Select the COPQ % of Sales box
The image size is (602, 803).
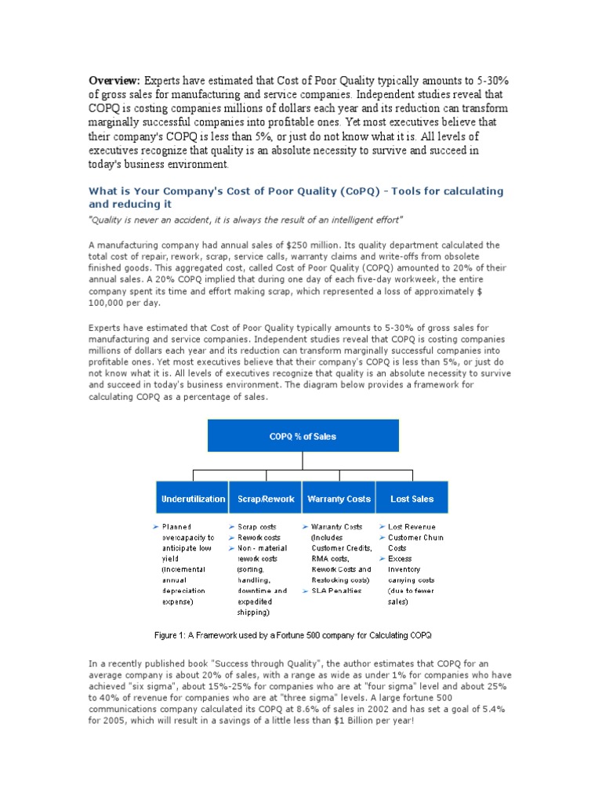point(303,436)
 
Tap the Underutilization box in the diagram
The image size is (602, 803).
point(192,499)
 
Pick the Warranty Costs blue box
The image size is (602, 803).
point(339,499)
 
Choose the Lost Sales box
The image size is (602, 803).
point(412,499)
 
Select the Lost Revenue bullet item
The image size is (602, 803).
point(412,527)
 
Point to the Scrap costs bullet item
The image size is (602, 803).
point(258,527)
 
